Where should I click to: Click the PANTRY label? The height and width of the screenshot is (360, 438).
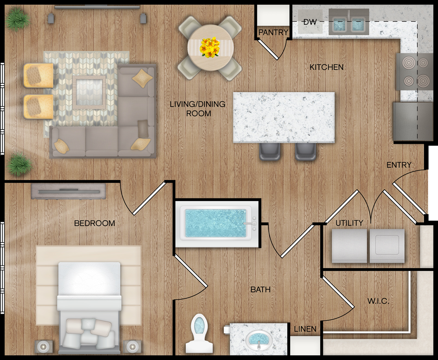click(x=273, y=32)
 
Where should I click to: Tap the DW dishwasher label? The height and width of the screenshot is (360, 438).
click(x=310, y=22)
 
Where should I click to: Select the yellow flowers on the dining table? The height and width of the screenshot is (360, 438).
click(x=210, y=47)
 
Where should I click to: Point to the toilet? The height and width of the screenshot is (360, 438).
click(x=199, y=333)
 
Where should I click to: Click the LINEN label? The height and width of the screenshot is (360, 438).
click(x=305, y=329)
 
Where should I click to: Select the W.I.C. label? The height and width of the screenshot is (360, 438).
click(x=378, y=301)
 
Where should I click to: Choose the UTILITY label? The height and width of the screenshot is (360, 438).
click(x=349, y=223)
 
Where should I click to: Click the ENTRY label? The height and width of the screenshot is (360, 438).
click(x=399, y=165)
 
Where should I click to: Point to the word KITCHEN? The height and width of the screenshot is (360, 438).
click(x=326, y=67)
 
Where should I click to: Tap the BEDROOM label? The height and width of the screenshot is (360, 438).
click(x=94, y=223)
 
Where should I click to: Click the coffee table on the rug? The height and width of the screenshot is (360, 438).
click(x=89, y=92)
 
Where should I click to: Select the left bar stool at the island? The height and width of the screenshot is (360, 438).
click(x=269, y=152)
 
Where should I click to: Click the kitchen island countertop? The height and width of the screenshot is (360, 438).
click(x=284, y=117)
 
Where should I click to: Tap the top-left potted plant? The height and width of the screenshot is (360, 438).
click(x=18, y=19)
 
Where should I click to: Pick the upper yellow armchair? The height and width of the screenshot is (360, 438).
click(x=38, y=76)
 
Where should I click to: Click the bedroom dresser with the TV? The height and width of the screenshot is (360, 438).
click(x=68, y=191)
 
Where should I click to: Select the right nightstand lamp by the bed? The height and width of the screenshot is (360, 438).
click(x=132, y=347)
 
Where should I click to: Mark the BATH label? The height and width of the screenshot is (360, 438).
click(x=260, y=289)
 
